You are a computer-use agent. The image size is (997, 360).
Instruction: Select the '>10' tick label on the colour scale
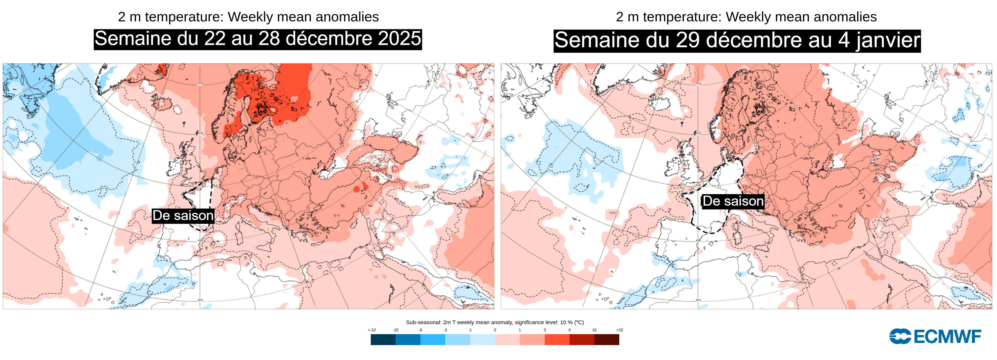click(619, 330)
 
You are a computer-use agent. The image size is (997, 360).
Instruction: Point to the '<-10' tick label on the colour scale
click(372, 330)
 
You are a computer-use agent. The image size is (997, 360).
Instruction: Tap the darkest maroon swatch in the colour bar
click(607, 339)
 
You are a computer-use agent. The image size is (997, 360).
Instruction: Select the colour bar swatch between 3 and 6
click(557, 339)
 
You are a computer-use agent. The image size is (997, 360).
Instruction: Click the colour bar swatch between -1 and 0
click(482, 339)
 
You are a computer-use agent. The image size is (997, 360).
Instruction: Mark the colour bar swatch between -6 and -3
click(433, 339)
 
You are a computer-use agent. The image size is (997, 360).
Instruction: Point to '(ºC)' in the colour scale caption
click(579, 322)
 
